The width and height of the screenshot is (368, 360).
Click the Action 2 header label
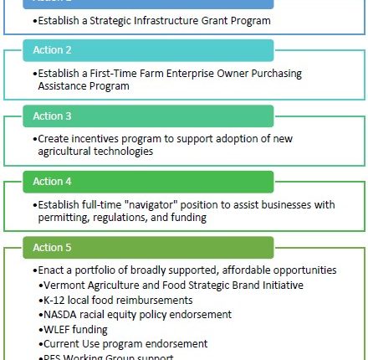click(52, 51)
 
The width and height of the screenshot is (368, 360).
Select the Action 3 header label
click(52, 116)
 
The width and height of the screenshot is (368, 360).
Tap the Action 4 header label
click(52, 182)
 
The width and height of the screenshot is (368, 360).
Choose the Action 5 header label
click(52, 248)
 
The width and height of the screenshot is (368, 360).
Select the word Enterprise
click(199, 74)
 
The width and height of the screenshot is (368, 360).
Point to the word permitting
click(64, 217)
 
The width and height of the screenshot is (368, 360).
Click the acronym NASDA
click(61, 315)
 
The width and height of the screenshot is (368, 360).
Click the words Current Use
click(72, 344)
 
